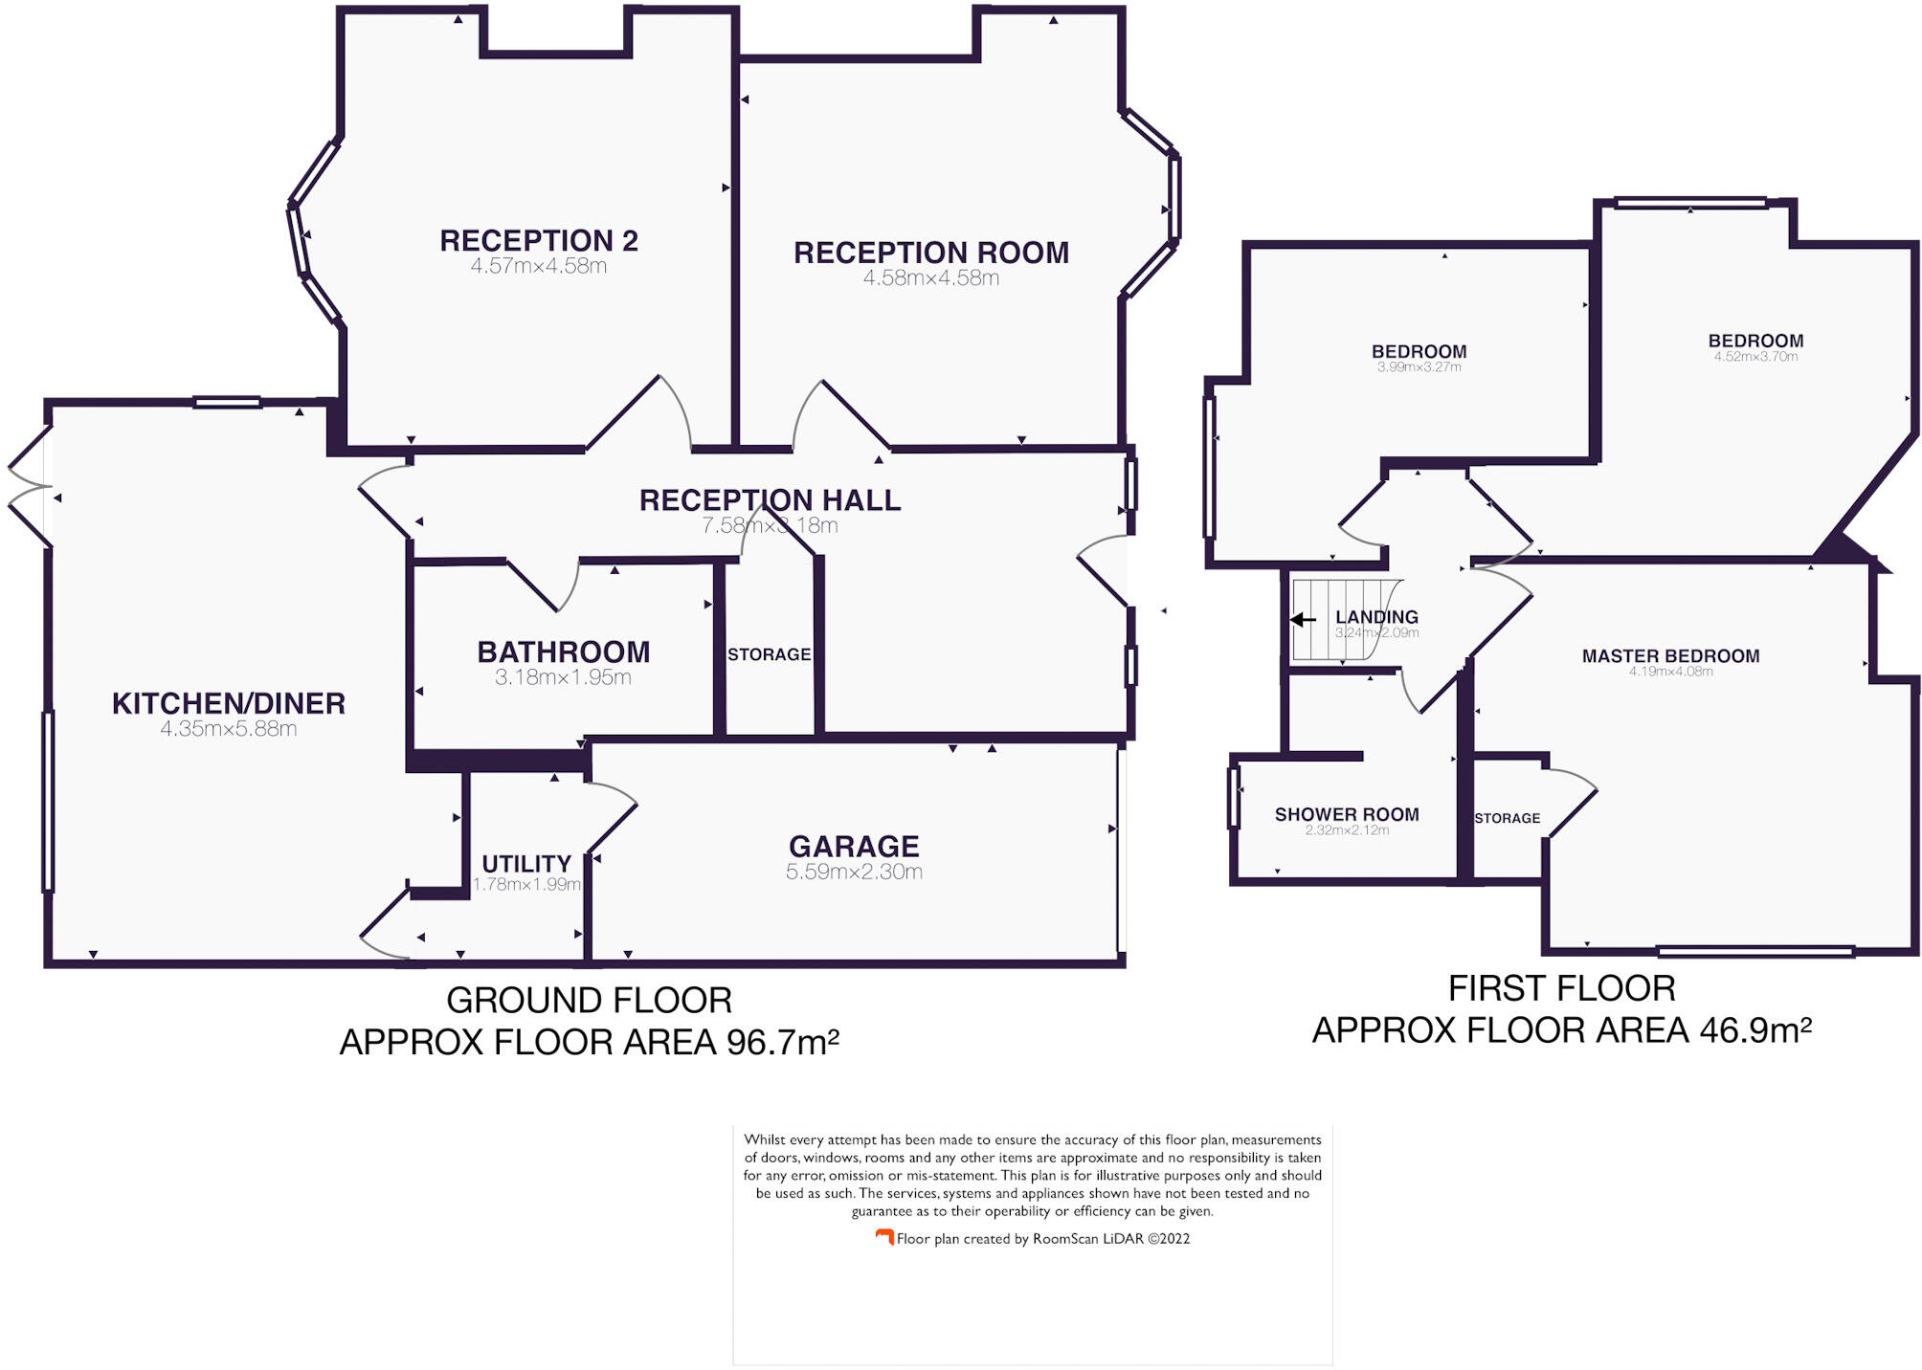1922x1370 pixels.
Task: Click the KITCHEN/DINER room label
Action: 228,703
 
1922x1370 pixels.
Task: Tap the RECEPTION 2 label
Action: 539,240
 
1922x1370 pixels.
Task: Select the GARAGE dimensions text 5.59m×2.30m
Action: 854,872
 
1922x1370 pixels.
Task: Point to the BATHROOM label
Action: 564,652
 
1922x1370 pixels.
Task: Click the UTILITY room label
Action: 526,863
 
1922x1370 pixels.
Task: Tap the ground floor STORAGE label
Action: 769,654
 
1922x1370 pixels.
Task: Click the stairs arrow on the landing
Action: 1303,620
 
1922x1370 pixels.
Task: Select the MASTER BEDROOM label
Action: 1670,655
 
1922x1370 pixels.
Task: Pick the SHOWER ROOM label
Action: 1347,814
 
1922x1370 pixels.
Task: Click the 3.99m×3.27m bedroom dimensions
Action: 1419,367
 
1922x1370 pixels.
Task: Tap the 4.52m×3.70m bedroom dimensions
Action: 1755,357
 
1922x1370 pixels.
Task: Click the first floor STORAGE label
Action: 1507,818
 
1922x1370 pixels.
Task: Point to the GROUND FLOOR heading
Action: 589,1001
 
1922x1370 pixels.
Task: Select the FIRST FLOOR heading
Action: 1561,988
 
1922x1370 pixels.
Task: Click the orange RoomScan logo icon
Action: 884,1237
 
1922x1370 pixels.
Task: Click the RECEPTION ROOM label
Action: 930,253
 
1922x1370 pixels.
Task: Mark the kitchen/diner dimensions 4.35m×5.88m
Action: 228,729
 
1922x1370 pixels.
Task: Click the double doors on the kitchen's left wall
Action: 29,487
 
